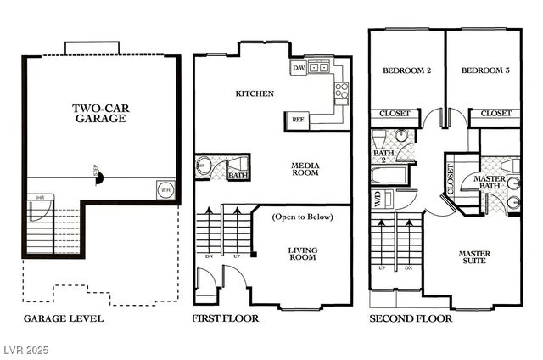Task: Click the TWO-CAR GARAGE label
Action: pos(99,113)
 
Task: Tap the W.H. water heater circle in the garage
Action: pos(164,190)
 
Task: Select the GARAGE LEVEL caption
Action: pos(63,319)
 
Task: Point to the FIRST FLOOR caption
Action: pos(226,319)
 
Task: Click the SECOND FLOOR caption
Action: pos(411,319)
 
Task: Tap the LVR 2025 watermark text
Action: pos(27,349)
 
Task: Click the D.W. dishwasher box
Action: pos(299,67)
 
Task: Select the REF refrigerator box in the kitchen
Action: pos(299,120)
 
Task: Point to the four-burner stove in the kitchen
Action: pos(342,90)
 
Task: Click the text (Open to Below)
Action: pos(303,217)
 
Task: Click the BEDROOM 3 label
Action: pos(485,71)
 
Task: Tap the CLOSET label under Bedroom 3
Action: pos(496,113)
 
